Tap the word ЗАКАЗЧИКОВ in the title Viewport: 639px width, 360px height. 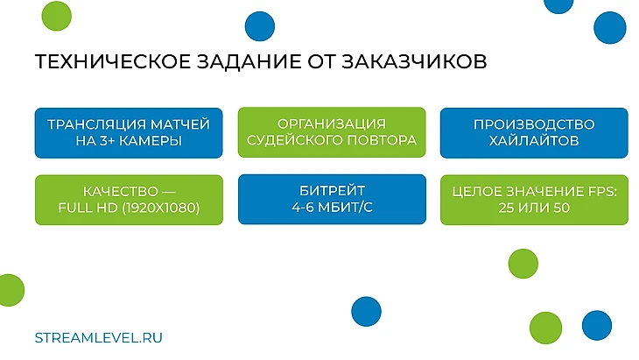(414, 61)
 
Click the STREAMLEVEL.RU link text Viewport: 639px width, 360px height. (99, 337)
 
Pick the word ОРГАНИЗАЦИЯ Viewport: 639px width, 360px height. (332, 124)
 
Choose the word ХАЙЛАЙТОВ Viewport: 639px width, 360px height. (534, 141)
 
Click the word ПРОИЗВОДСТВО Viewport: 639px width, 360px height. (534, 124)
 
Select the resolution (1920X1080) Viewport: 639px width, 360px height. (161, 208)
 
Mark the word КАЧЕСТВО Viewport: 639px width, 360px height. (121, 191)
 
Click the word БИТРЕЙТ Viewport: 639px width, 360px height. (332, 190)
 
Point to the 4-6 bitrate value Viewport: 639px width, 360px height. (303, 207)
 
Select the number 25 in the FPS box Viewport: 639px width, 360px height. (506, 208)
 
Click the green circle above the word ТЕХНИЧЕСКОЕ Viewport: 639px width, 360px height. (57, 16)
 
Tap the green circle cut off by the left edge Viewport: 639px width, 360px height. (11, 290)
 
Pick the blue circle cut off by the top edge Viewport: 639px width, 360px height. (558, 6)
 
